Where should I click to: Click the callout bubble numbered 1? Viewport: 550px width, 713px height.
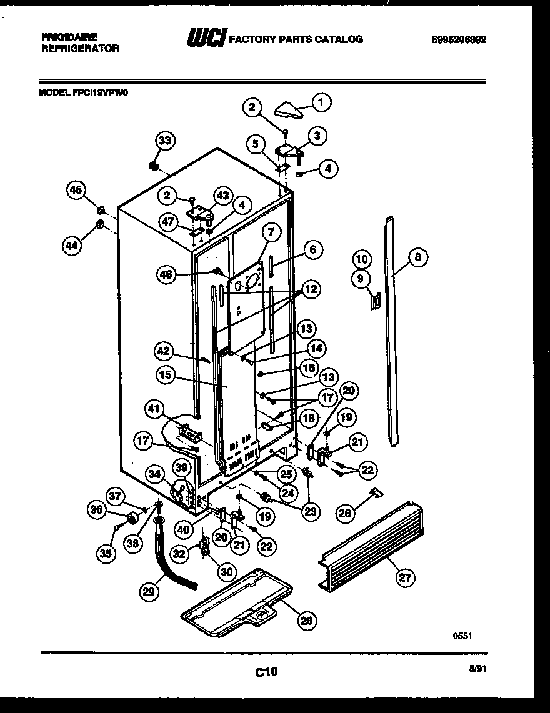pyautogui.click(x=321, y=101)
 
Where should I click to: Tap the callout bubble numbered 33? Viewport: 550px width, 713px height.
pyautogui.click(x=164, y=142)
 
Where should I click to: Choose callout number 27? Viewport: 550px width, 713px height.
pyautogui.click(x=406, y=578)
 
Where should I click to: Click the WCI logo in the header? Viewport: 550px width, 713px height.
pyautogui.click(x=206, y=39)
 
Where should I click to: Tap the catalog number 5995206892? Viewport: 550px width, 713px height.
pyautogui.click(x=459, y=39)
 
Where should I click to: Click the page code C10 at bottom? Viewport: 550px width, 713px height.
pyautogui.click(x=266, y=672)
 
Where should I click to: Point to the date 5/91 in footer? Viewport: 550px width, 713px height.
pyautogui.click(x=477, y=668)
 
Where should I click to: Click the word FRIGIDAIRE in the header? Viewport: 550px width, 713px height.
pyautogui.click(x=69, y=37)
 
